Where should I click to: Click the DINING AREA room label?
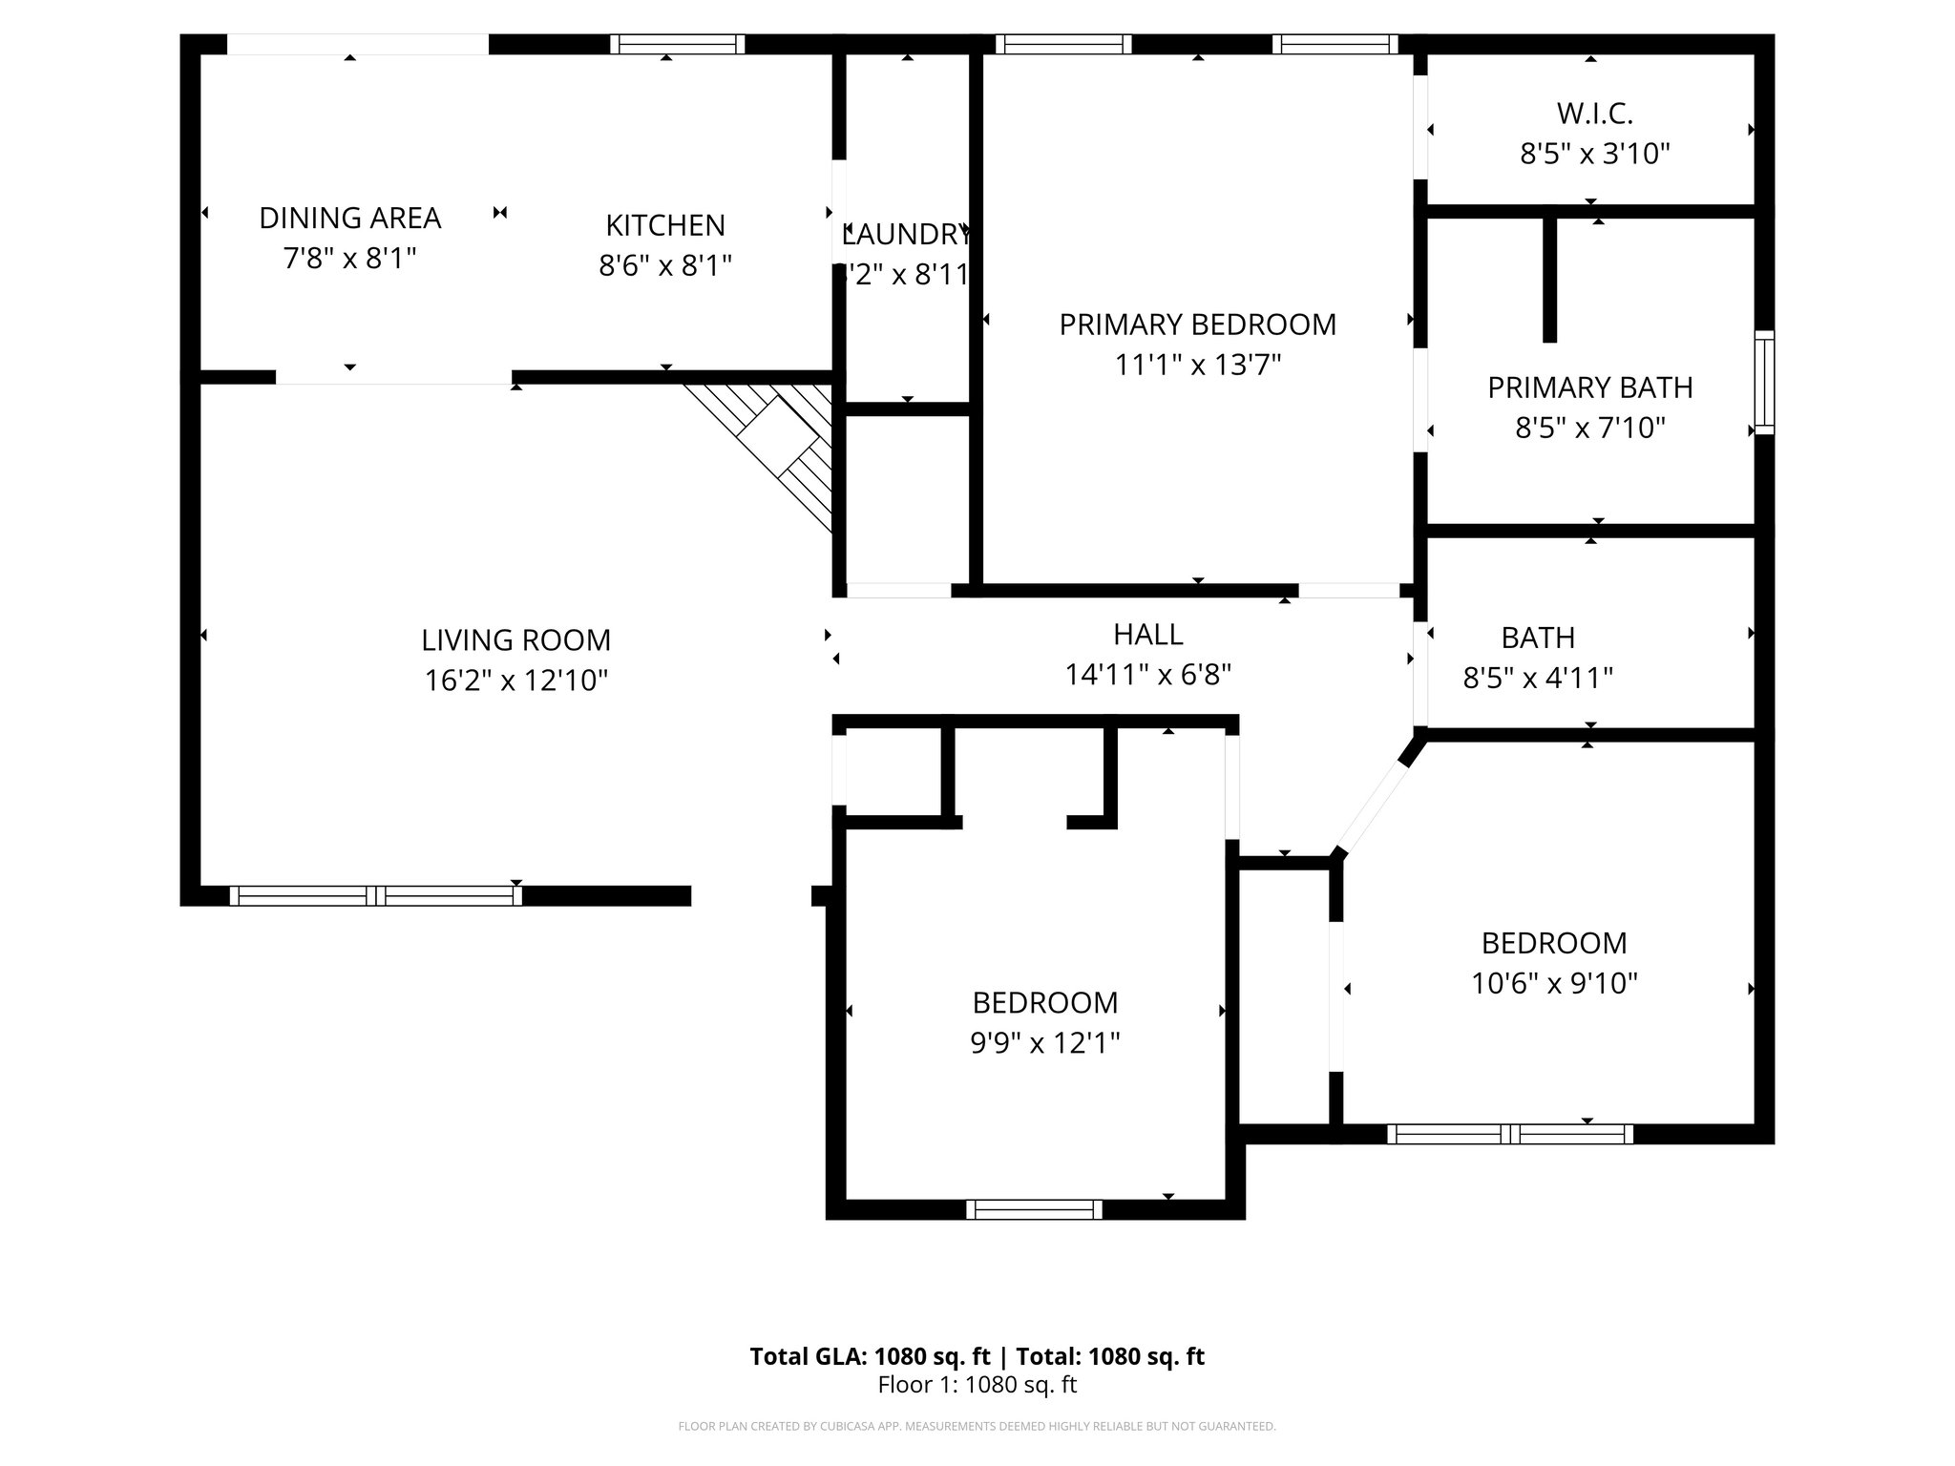tap(349, 219)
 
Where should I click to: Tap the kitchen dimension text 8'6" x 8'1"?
tap(665, 265)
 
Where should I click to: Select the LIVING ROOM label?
tap(515, 639)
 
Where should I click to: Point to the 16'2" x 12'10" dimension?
tap(515, 681)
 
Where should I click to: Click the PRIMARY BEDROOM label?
tap(1197, 325)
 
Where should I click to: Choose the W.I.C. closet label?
tap(1594, 114)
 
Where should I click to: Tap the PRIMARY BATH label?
tap(1589, 387)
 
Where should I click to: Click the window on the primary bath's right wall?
tap(1764, 382)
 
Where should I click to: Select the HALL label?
tap(1147, 635)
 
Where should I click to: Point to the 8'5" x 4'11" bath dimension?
tap(1537, 679)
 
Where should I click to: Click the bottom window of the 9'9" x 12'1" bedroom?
tap(1034, 1209)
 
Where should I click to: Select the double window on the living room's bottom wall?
tap(375, 895)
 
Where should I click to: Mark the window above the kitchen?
tap(677, 44)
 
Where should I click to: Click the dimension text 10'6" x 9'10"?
tap(1554, 984)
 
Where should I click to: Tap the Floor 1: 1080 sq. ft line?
tap(977, 1385)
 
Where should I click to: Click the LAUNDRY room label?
tap(907, 234)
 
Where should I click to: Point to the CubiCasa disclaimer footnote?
tap(977, 1427)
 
